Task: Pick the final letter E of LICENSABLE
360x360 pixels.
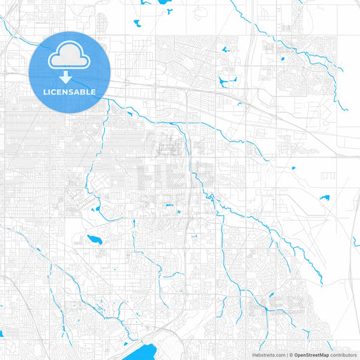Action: [x=93, y=92]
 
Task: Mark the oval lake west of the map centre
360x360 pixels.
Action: [x=94, y=239]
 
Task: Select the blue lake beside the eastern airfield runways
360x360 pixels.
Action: [x=325, y=198]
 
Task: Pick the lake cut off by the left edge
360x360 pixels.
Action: [x=2, y=333]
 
